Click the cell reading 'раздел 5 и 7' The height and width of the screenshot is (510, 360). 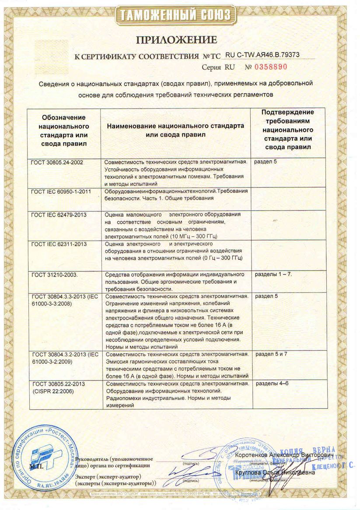(275, 354)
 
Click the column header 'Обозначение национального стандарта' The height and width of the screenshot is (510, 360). (64, 130)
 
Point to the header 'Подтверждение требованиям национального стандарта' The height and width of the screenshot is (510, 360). (288, 130)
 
